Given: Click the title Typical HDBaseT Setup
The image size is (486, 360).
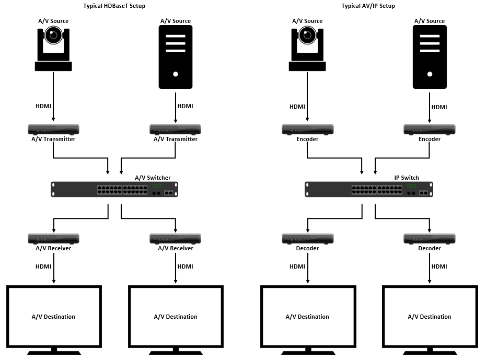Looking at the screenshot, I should point(114,6).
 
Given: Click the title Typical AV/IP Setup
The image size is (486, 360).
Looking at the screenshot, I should point(368,6).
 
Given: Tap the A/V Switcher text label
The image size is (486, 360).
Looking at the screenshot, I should point(153,178).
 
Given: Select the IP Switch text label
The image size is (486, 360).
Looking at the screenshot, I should point(406,178).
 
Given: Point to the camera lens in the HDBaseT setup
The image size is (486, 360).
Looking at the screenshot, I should point(53,36).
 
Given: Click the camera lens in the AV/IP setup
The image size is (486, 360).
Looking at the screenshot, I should point(307,36).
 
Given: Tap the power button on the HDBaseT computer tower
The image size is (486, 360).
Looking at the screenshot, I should point(176,74).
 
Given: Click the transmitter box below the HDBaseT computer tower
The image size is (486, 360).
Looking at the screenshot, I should point(176,129).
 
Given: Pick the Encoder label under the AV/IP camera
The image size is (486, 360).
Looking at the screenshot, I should point(307,139).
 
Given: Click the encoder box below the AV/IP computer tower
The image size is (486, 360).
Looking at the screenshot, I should point(430,129).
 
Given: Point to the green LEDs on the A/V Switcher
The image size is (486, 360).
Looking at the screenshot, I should point(157,186).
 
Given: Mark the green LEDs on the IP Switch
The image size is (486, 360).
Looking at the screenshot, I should point(411,186).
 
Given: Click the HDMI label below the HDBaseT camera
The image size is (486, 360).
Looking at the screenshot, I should point(43,107).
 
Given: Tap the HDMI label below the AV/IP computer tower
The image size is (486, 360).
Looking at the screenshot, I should point(439,107).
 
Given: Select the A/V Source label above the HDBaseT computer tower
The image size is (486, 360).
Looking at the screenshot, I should point(176,21).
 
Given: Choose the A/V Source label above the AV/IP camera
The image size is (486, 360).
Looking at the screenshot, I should point(307,21).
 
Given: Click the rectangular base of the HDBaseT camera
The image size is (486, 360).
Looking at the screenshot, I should point(53,66).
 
